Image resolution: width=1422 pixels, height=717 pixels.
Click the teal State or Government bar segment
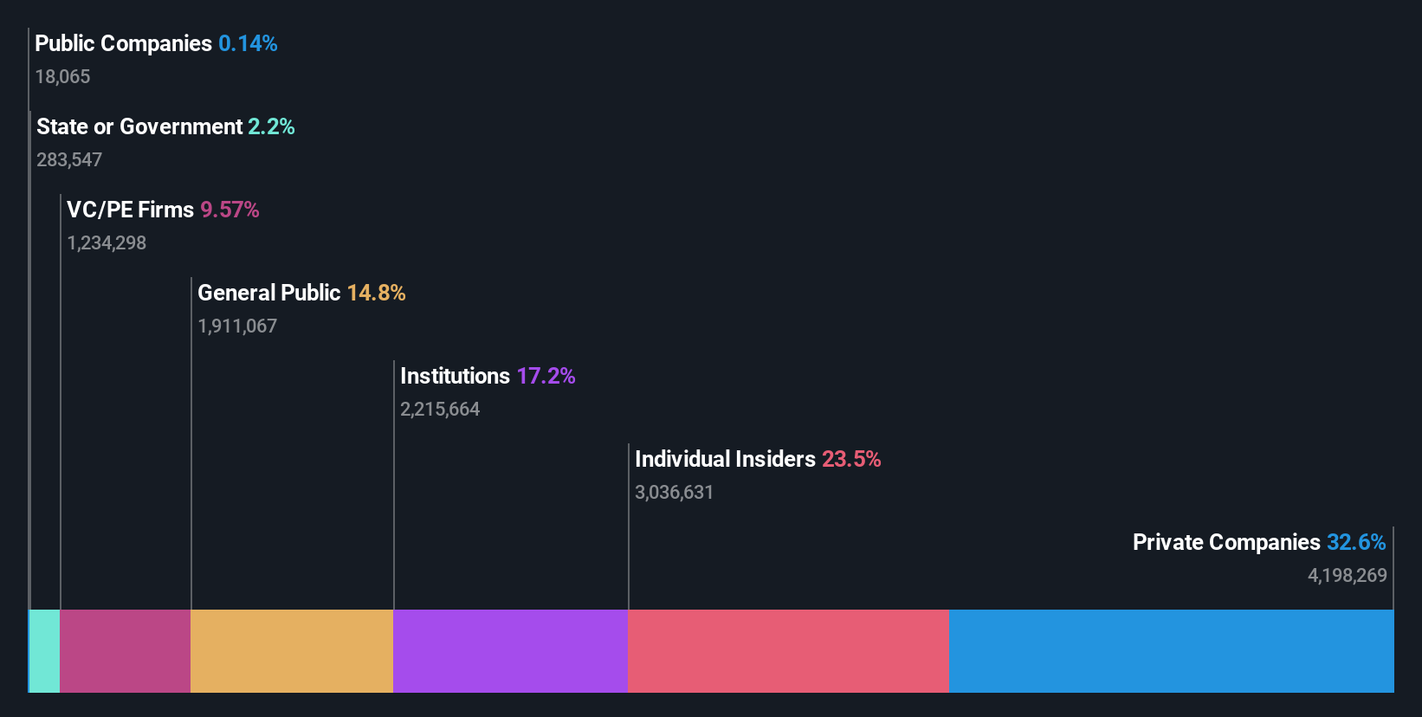45,650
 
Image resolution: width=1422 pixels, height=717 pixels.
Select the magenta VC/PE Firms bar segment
126,650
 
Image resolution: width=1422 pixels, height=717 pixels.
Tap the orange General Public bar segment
292,650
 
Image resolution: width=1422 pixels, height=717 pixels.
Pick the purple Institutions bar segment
510,650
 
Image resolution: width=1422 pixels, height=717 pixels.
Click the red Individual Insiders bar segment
788,650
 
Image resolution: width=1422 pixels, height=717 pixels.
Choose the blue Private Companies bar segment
1171,650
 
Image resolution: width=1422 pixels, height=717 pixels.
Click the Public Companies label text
123,43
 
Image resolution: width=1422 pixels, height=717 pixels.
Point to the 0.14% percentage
248,43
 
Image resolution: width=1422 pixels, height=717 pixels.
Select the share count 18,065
62,77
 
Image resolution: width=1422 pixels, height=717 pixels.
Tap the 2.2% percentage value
271,126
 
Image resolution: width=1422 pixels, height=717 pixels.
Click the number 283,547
69,160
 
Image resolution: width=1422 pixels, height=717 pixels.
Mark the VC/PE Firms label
130,210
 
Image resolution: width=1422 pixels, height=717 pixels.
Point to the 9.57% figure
229,210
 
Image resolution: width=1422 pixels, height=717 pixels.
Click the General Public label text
268,293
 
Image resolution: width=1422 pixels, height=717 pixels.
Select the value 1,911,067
237,326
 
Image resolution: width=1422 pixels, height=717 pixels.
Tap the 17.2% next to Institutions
546,376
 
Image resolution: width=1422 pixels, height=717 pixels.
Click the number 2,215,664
440,410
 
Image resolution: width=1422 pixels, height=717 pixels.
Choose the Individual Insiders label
725,459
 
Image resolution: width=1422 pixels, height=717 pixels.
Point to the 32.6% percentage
1356,542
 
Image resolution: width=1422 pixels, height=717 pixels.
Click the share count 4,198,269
1347,576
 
